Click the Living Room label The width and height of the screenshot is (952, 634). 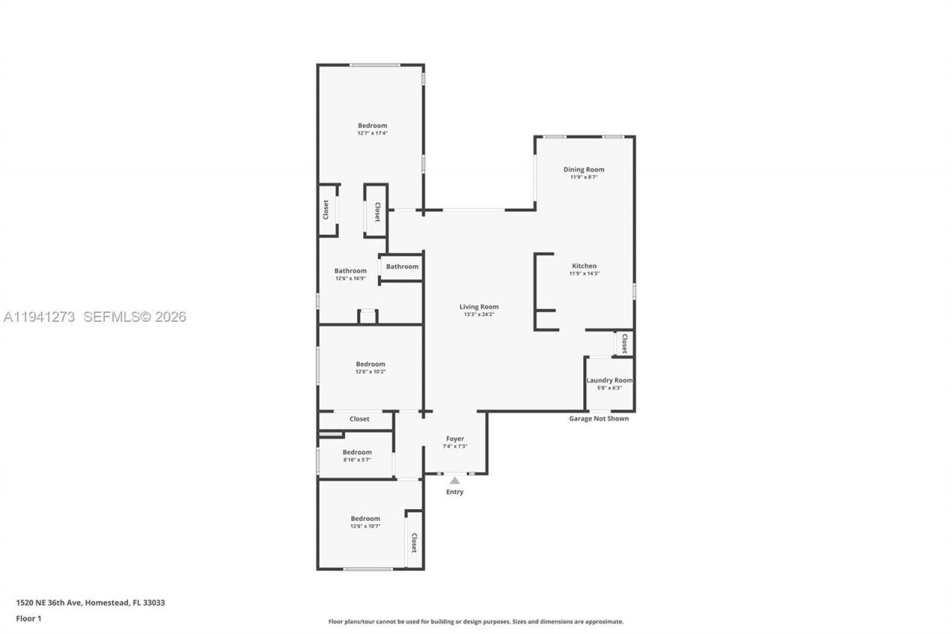478,306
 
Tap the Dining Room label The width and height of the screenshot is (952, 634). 583,169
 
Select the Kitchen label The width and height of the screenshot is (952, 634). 584,266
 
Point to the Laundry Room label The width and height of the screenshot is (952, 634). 609,380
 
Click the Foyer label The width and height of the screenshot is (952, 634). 454,439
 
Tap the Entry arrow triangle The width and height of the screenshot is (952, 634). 454,481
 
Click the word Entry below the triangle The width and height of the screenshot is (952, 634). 454,492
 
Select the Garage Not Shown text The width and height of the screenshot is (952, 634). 599,418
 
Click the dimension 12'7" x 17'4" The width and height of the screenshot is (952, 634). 372,133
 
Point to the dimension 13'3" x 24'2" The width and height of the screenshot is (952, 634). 478,314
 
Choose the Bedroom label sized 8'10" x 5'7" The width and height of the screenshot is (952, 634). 357,452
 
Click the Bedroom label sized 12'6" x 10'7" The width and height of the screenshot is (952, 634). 365,518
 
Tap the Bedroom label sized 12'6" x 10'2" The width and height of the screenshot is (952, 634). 370,363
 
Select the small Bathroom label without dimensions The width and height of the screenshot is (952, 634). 402,266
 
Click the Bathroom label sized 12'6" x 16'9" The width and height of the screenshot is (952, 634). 350,271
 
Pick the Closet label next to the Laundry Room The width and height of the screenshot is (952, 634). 624,343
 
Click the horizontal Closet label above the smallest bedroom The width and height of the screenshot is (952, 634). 359,419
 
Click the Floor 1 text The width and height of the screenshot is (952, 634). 28,618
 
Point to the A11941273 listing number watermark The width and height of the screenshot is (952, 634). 39,317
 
